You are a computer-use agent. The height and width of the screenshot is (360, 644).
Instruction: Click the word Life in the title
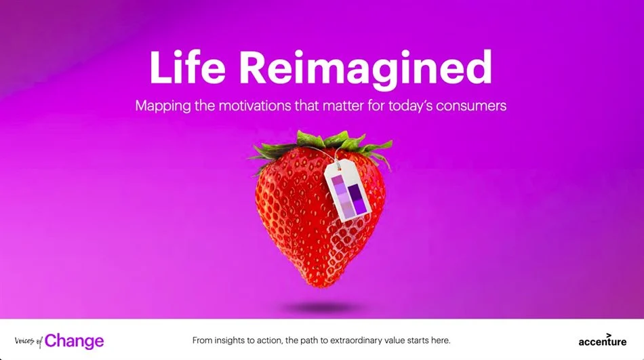187,67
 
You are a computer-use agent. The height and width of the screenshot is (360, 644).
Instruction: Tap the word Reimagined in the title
365,70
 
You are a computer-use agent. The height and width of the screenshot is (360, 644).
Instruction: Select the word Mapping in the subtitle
163,106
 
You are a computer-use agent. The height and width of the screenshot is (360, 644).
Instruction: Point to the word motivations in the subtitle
255,106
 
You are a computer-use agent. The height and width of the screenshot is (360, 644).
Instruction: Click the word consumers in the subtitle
471,106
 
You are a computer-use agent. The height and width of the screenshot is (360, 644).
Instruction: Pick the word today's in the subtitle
410,106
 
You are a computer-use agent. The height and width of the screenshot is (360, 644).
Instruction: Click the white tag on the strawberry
348,191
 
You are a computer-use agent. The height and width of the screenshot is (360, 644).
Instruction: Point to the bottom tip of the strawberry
319,285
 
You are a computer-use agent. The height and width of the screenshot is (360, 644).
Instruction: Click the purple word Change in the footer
75,341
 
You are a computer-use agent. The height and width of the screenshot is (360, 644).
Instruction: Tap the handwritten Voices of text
28,341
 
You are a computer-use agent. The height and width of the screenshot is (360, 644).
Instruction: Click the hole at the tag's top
339,167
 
